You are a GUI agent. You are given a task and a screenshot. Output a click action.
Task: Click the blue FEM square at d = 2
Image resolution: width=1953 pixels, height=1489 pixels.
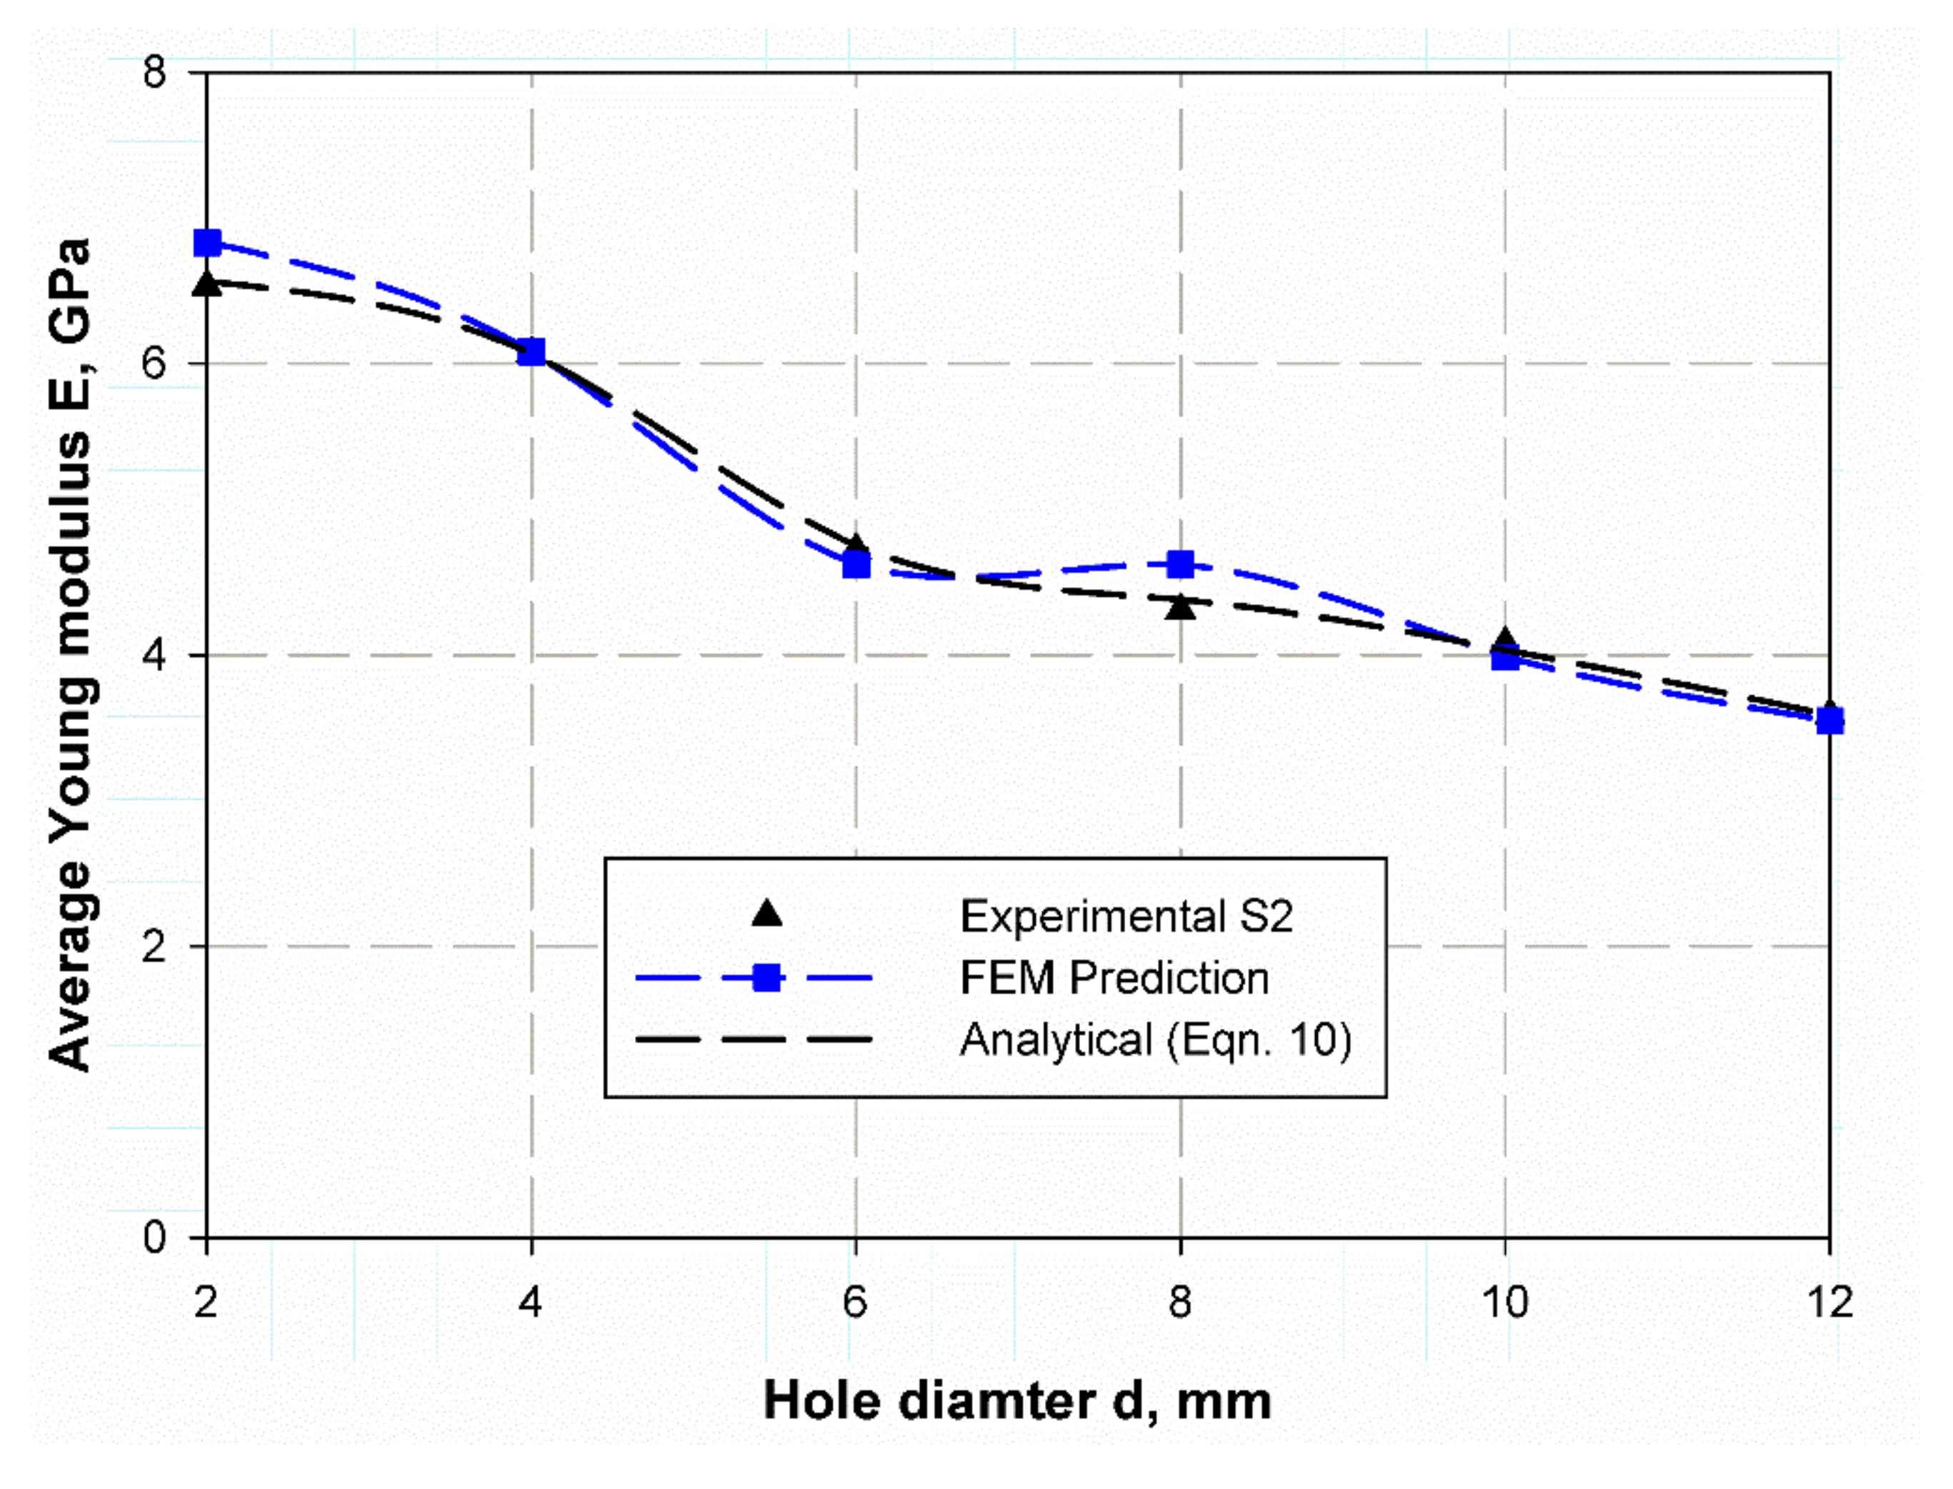pos(207,242)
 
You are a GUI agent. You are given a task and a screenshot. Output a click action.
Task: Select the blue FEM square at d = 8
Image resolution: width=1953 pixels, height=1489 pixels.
pos(1180,563)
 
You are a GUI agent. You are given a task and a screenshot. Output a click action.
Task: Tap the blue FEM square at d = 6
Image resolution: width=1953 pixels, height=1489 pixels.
pos(856,563)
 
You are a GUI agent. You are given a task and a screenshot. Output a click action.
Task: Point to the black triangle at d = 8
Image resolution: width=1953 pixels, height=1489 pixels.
pos(1180,606)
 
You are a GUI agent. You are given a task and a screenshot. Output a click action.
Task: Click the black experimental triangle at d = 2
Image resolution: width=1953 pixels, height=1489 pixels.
pos(207,284)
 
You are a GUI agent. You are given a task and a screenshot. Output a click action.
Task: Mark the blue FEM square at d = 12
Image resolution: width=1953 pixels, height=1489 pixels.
pos(1829,721)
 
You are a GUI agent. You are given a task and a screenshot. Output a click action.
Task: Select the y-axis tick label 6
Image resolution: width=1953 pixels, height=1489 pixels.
pos(154,364)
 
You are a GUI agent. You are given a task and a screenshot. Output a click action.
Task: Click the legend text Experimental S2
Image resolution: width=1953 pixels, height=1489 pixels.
pos(1126,916)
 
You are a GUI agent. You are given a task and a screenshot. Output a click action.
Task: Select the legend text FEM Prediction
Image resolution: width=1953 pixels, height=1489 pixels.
pos(1114,978)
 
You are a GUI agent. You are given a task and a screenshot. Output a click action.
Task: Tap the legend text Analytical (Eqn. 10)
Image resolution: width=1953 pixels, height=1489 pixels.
pos(1155,1040)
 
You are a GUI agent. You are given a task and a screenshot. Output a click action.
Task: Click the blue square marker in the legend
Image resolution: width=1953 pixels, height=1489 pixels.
pos(766,978)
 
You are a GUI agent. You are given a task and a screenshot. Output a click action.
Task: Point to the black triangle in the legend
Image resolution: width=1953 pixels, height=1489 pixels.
pos(766,914)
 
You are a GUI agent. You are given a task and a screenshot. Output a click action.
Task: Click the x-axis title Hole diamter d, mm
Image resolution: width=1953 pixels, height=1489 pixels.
pos(1017,1401)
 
